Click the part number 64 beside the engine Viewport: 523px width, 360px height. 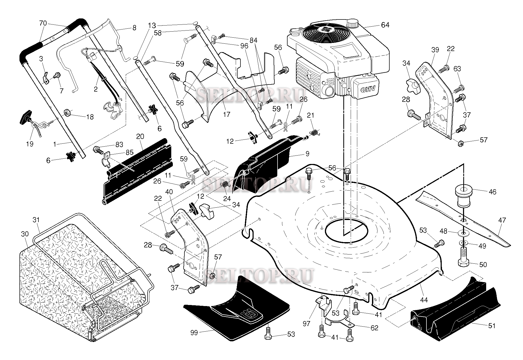click(385, 25)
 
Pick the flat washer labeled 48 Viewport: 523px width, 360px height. click(464, 233)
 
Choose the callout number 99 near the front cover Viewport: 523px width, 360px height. click(194, 333)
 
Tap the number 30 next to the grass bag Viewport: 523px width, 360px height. click(25, 234)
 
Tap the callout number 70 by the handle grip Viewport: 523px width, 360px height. click(43, 23)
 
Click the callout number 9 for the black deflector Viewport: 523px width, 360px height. click(308, 153)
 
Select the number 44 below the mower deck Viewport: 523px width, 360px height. click(424, 299)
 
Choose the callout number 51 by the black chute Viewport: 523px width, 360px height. click(492, 326)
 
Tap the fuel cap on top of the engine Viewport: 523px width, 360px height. click(353, 23)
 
